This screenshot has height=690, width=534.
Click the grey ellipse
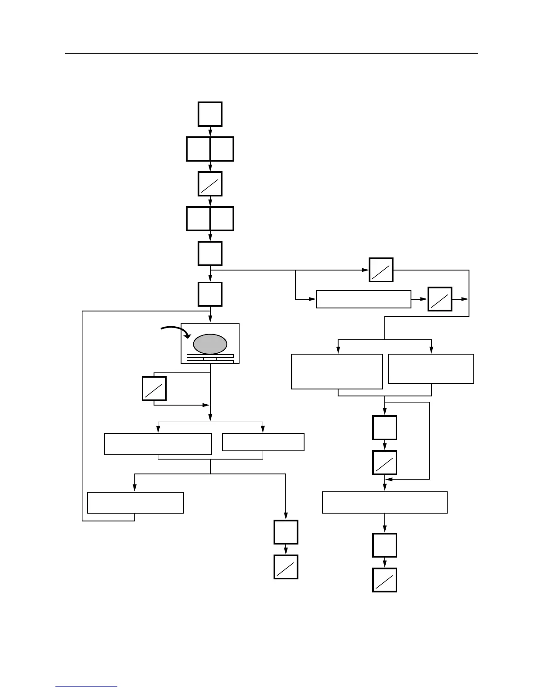(210, 344)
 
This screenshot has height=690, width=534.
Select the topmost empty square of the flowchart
(210, 114)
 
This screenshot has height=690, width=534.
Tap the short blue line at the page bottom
(86, 687)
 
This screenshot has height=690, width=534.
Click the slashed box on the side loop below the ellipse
(154, 389)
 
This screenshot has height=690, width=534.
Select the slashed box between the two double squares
(210, 184)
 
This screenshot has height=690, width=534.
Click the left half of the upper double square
(199, 149)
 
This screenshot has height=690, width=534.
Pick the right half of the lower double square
(222, 218)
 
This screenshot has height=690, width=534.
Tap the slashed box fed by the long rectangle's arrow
(440, 299)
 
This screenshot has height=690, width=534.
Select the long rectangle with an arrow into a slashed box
(363, 299)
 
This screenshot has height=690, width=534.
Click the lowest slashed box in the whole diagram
(384, 580)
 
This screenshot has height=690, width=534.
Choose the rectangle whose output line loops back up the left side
(136, 503)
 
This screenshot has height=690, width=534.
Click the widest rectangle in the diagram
(384, 502)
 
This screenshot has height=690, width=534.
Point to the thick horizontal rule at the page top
(271, 54)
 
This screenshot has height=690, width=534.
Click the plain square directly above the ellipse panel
(210, 294)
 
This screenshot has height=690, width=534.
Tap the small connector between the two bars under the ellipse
(210, 359)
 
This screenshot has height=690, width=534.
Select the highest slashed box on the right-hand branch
(381, 270)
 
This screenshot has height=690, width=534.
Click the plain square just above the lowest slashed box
(384, 545)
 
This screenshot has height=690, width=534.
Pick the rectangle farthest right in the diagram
(431, 369)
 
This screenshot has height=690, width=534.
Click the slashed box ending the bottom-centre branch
(286, 567)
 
